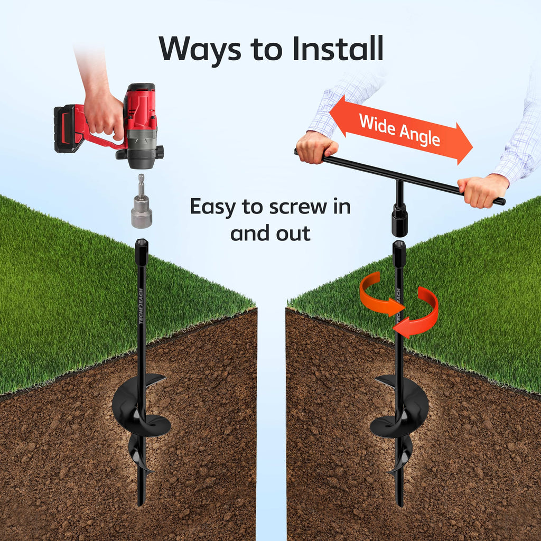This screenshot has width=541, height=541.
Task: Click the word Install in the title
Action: pos(338,48)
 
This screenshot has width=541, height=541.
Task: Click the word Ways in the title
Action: pos(200,50)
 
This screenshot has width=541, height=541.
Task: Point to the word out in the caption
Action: pos(293,234)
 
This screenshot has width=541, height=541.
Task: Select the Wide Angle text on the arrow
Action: pos(399,130)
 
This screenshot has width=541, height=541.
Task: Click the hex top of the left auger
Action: pos(142,251)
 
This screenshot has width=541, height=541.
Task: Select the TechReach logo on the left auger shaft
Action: pos(141,306)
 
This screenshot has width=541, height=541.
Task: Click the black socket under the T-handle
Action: pos(399,220)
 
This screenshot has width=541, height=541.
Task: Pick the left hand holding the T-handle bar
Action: pos(315,147)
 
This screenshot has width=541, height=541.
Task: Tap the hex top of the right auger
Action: pos(399,254)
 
